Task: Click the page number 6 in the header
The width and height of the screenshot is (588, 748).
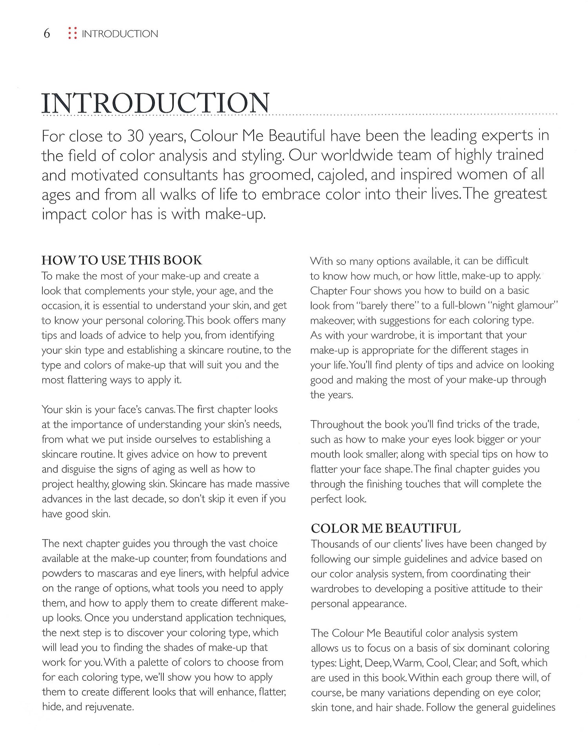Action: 47,34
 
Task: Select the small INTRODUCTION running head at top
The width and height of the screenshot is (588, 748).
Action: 120,34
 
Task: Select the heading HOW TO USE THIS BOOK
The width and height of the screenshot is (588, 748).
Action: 122,260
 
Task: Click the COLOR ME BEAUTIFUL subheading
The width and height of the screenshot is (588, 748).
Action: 385,528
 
